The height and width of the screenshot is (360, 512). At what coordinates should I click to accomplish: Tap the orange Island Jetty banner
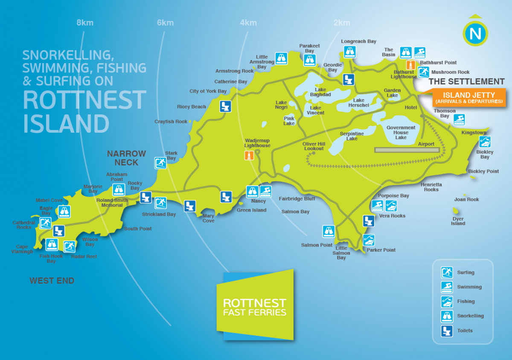469,98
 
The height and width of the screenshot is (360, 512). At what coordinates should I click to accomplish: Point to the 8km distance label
85,23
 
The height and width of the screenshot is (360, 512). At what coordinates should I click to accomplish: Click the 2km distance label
342,23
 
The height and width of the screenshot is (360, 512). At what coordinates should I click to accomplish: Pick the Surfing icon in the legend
447,273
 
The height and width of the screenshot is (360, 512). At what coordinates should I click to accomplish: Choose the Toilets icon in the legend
447,331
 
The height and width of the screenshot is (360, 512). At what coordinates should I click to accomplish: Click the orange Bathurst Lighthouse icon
411,65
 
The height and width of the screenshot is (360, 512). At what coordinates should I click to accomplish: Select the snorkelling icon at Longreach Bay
350,52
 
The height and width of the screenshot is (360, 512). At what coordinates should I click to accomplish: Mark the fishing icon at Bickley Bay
485,142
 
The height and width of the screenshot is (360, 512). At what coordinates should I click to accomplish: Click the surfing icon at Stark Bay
160,163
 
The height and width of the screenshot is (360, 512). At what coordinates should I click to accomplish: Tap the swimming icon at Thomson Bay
459,119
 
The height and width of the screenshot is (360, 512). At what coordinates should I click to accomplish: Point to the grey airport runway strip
407,150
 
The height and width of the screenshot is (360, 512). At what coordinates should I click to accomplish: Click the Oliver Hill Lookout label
314,146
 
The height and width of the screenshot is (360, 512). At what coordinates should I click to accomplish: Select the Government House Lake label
401,132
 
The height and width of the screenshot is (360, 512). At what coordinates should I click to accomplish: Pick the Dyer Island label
458,221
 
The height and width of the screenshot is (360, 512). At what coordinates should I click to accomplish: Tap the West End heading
52,281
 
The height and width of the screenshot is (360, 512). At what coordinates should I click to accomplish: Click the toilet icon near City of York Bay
226,106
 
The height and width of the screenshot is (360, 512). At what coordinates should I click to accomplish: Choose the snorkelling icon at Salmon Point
328,231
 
